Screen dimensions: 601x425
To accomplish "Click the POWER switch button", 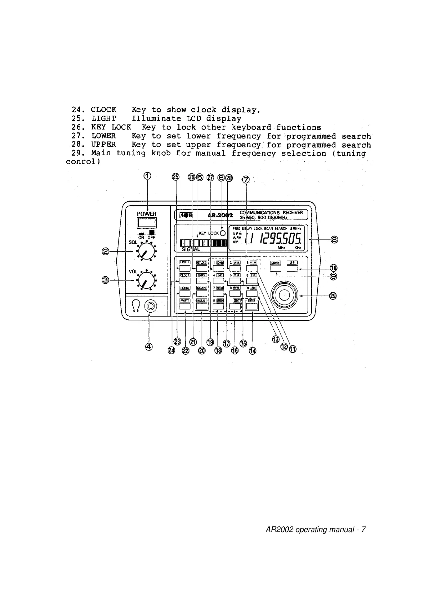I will tap(147, 223).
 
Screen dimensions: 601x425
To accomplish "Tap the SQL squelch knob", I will tap(145, 252).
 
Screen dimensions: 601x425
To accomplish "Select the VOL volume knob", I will tap(145, 280).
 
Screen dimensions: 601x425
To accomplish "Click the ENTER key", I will tap(252, 306).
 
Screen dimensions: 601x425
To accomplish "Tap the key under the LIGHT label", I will tap(184, 268).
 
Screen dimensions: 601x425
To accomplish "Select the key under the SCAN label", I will tap(202, 293).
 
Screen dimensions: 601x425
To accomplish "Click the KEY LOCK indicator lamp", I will tap(223, 233).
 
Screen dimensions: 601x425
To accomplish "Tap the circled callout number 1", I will tap(147, 176).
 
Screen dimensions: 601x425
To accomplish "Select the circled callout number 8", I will tap(334, 239).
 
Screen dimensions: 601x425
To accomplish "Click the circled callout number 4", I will tap(149, 346).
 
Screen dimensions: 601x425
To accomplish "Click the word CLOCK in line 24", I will tap(103, 110).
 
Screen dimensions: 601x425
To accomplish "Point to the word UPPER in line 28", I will tap(103, 145).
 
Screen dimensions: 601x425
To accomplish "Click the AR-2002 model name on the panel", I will tap(220, 215).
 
